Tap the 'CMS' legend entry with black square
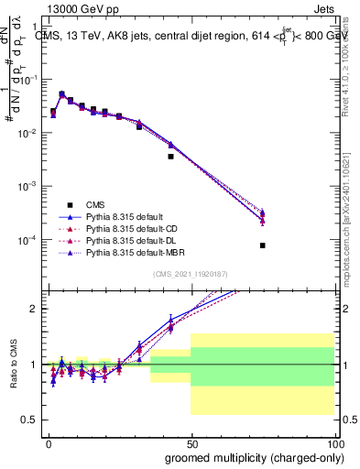pos(95,204)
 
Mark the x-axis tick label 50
pos(191,442)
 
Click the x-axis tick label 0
pos(48,442)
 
